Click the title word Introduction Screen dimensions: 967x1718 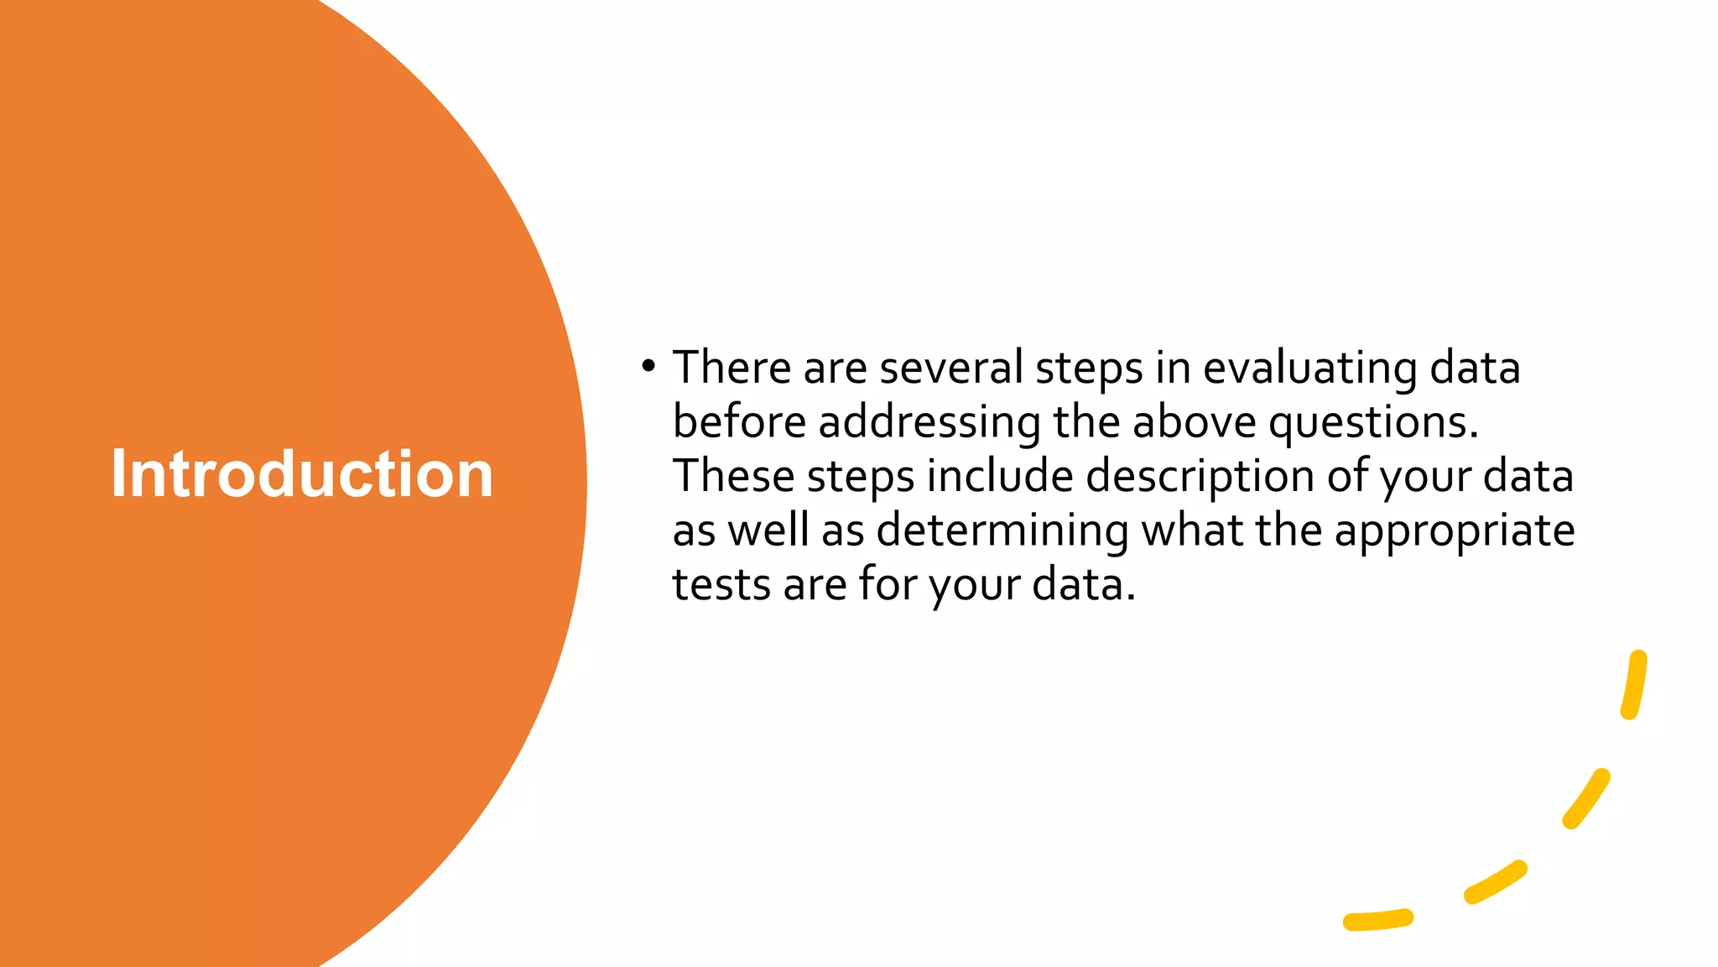[302, 474]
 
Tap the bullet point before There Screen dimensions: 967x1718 [647, 366]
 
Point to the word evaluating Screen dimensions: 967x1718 [1309, 369]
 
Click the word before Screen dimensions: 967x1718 [739, 421]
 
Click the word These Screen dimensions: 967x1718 [733, 476]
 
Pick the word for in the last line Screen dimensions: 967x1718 [888, 584]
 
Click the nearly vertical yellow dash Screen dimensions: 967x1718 [1634, 684]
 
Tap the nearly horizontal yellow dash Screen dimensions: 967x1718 [1378, 920]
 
